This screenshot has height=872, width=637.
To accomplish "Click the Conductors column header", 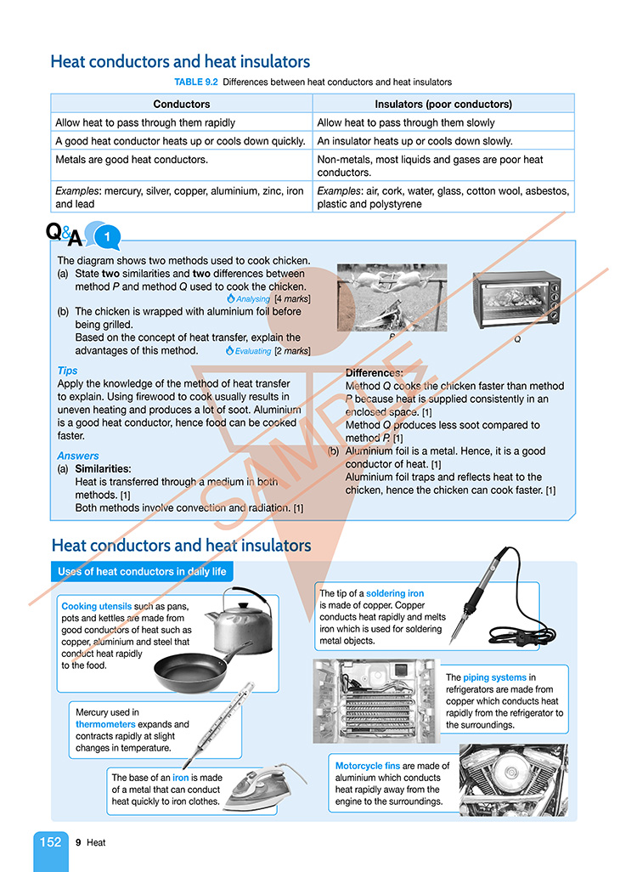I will pyautogui.click(x=182, y=105).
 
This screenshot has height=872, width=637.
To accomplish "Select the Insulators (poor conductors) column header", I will pyautogui.click(x=443, y=105).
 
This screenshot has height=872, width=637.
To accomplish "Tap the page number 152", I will pyautogui.click(x=50, y=842).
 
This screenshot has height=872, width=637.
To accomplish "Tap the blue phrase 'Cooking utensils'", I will pyautogui.click(x=96, y=607).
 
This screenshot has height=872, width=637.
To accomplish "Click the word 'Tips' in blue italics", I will pyautogui.click(x=67, y=371).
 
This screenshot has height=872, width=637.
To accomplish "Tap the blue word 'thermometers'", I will pyautogui.click(x=108, y=724).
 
